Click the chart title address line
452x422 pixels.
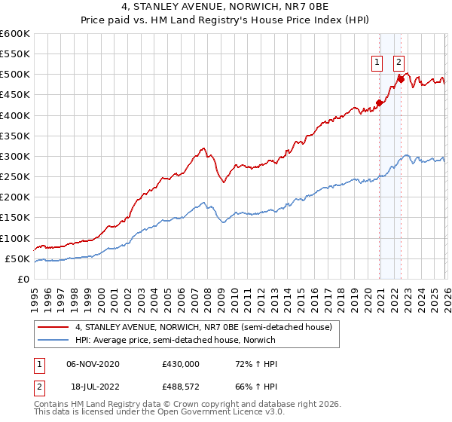click(x=226, y=7)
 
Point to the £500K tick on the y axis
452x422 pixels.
click(x=15, y=75)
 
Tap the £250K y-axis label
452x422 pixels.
click(x=15, y=177)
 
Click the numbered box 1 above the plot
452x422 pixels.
click(x=376, y=63)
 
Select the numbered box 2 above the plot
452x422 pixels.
click(x=399, y=63)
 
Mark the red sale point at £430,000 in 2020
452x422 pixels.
click(x=379, y=103)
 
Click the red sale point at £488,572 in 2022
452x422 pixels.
click(x=402, y=79)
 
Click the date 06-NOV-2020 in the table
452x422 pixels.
click(x=93, y=364)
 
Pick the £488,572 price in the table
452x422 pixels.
click(x=181, y=388)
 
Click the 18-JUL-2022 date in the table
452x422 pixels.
click(x=92, y=388)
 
